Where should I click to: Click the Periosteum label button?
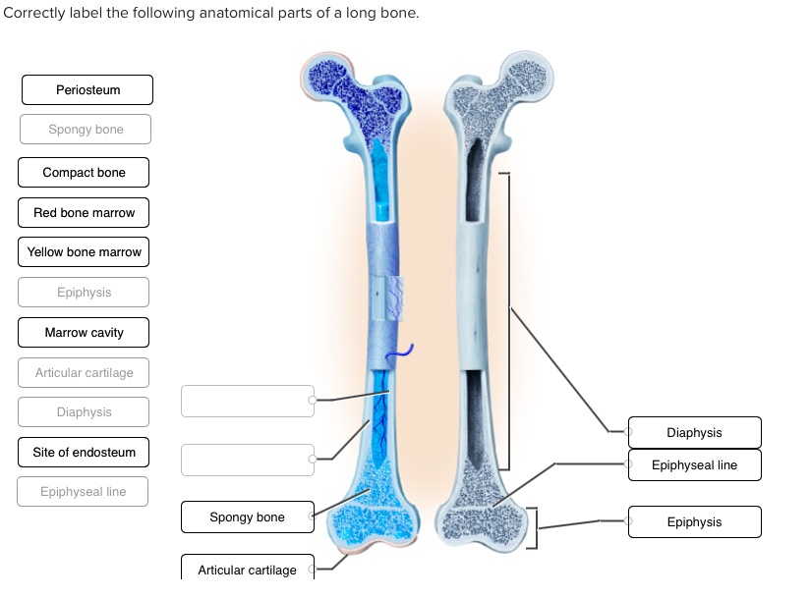click(x=87, y=89)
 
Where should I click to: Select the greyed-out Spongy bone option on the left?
click(x=86, y=130)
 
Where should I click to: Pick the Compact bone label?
click(x=84, y=173)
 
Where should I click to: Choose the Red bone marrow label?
click(x=84, y=213)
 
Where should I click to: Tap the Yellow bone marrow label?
click(x=84, y=252)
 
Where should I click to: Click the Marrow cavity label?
click(x=84, y=333)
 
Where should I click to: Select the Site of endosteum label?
click(x=84, y=453)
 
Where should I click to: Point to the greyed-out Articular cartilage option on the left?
click(x=84, y=373)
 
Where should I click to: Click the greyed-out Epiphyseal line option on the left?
click(x=83, y=492)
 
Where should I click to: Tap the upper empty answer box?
click(x=247, y=401)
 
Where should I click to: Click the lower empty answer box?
click(x=247, y=460)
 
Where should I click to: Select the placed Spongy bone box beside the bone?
click(x=247, y=517)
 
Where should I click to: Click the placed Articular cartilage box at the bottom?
click(x=247, y=569)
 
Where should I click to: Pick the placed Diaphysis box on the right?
click(x=694, y=433)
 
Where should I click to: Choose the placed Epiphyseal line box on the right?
click(x=694, y=465)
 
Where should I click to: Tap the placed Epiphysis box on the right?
click(x=694, y=522)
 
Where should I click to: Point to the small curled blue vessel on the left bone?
click(x=406, y=349)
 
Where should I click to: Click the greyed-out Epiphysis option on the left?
click(x=84, y=293)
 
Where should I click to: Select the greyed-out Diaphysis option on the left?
click(x=84, y=412)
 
